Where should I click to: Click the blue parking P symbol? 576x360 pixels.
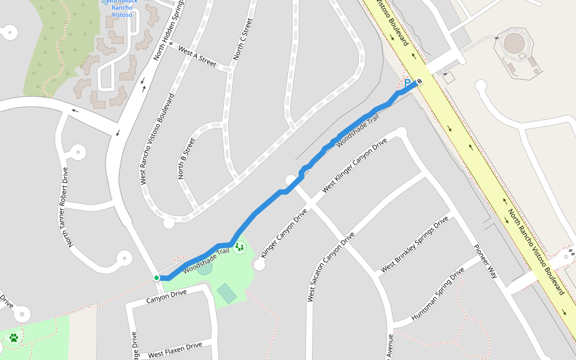click(x=408, y=83)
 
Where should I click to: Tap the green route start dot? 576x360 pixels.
click(x=157, y=277)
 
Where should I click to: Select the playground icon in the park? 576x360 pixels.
click(x=239, y=247)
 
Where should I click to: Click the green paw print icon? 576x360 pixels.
click(x=14, y=338)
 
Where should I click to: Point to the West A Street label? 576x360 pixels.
click(x=197, y=58)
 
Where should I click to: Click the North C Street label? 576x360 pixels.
click(x=242, y=39)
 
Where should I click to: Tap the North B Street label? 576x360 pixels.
click(x=187, y=159)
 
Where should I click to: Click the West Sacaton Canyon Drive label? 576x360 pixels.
click(x=328, y=267)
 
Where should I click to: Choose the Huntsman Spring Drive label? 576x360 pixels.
click(x=437, y=294)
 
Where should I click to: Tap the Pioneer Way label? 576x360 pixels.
click(x=486, y=262)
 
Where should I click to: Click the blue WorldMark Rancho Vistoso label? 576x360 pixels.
click(x=122, y=8)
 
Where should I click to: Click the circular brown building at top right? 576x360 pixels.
click(x=514, y=43)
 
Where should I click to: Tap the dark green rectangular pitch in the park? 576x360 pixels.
click(x=227, y=293)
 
